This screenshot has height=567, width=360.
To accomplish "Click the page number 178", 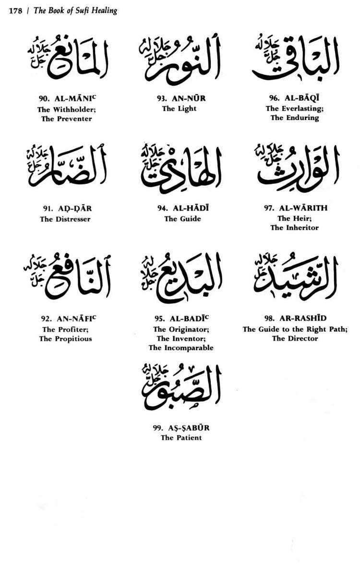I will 16,11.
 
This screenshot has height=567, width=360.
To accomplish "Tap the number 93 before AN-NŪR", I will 161,98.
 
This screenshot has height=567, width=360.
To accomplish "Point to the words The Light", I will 179,108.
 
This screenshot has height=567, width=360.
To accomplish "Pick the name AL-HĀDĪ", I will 188,209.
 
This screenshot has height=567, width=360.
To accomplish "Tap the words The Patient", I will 181,437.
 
